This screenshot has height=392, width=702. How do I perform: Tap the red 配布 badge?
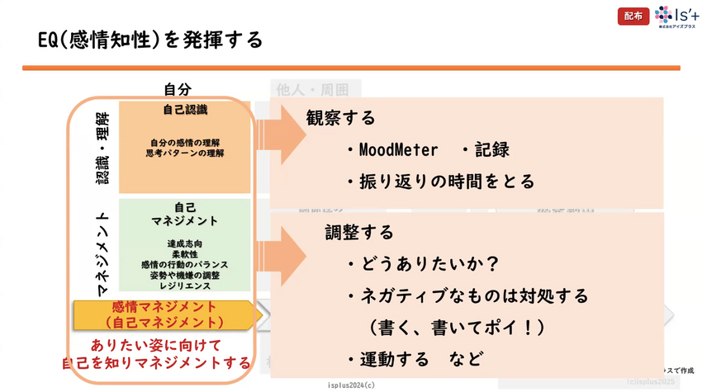coord(633,16)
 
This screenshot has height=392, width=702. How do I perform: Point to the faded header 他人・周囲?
coord(310,89)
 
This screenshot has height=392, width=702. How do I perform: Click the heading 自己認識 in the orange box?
coord(185,110)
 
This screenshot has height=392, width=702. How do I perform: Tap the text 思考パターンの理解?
coord(185,153)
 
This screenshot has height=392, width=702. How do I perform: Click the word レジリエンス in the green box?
coord(184,286)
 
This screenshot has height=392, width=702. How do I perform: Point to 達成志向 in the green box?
coord(184,243)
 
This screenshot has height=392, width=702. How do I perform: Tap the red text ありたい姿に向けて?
coord(157,346)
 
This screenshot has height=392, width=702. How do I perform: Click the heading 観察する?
coord(341,118)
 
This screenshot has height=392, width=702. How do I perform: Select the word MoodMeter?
coord(391,150)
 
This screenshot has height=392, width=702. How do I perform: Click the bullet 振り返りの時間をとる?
coord(442,181)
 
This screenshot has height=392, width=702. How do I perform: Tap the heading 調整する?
coord(358,233)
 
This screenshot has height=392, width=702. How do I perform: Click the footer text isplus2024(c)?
coord(351,385)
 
